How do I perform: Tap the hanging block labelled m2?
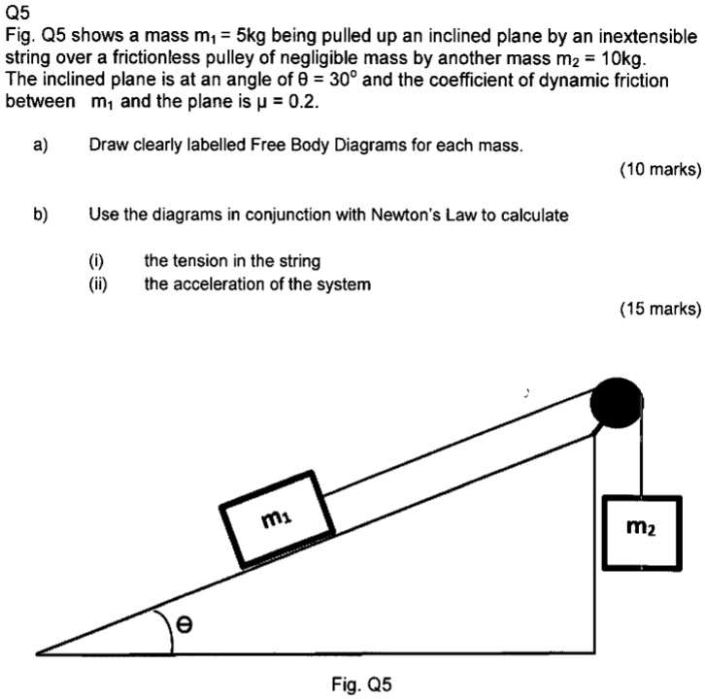(639, 530)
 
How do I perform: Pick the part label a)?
(40, 147)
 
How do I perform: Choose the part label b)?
(40, 215)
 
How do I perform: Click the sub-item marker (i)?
(96, 261)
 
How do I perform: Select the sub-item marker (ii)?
(98, 283)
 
